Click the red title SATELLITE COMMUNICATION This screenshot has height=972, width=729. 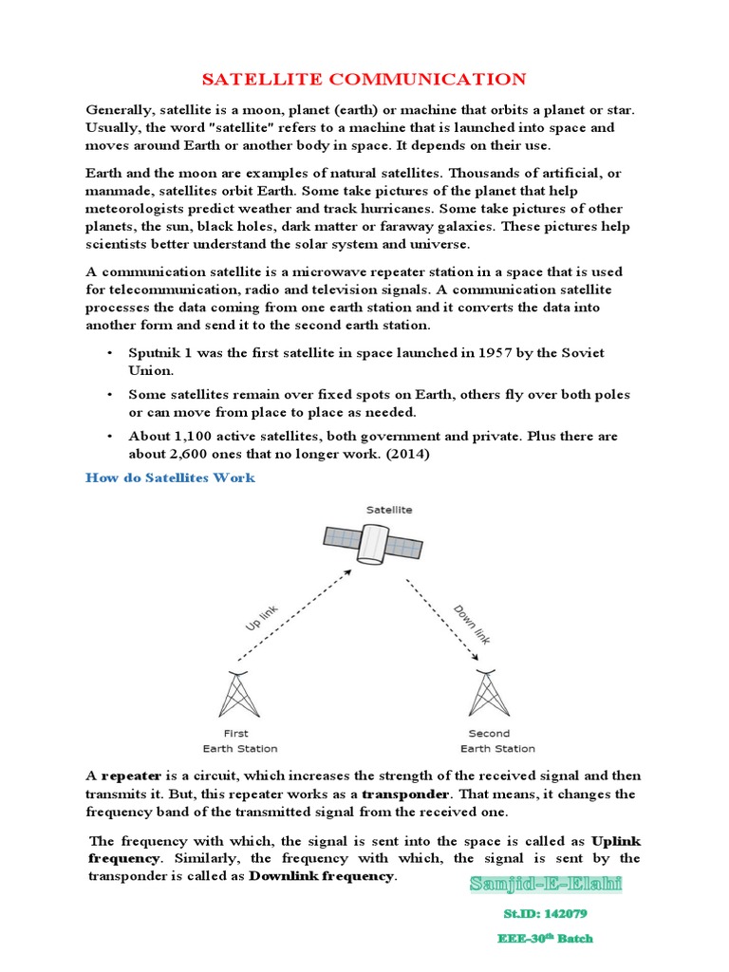point(364,79)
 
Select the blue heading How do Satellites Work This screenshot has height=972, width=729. point(170,477)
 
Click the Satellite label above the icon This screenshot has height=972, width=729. point(389,510)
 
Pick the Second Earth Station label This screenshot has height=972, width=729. point(489,740)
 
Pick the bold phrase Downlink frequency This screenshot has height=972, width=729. point(321,876)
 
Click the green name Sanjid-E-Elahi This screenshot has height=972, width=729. point(546,886)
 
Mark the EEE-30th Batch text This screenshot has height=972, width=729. point(546,939)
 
